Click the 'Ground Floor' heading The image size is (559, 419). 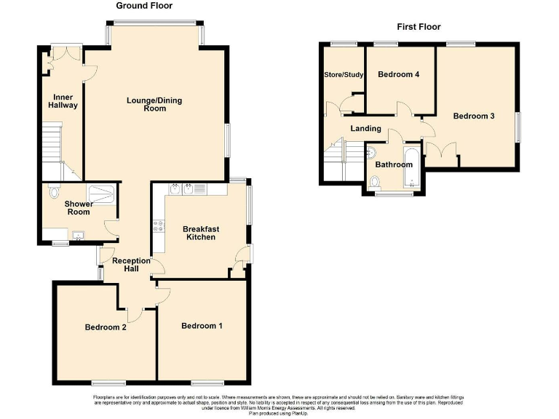(145, 5)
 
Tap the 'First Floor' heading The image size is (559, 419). (419, 27)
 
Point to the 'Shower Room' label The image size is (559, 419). (79, 207)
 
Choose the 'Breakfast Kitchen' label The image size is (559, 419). (202, 233)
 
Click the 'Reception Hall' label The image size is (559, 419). (131, 265)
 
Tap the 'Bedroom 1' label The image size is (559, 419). (202, 325)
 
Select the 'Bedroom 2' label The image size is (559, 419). (106, 327)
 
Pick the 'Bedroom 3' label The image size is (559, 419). (474, 116)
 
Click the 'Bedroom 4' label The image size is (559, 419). (399, 74)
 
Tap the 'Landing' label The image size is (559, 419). (365, 129)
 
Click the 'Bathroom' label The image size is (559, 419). (394, 164)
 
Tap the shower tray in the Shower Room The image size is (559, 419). (102, 192)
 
